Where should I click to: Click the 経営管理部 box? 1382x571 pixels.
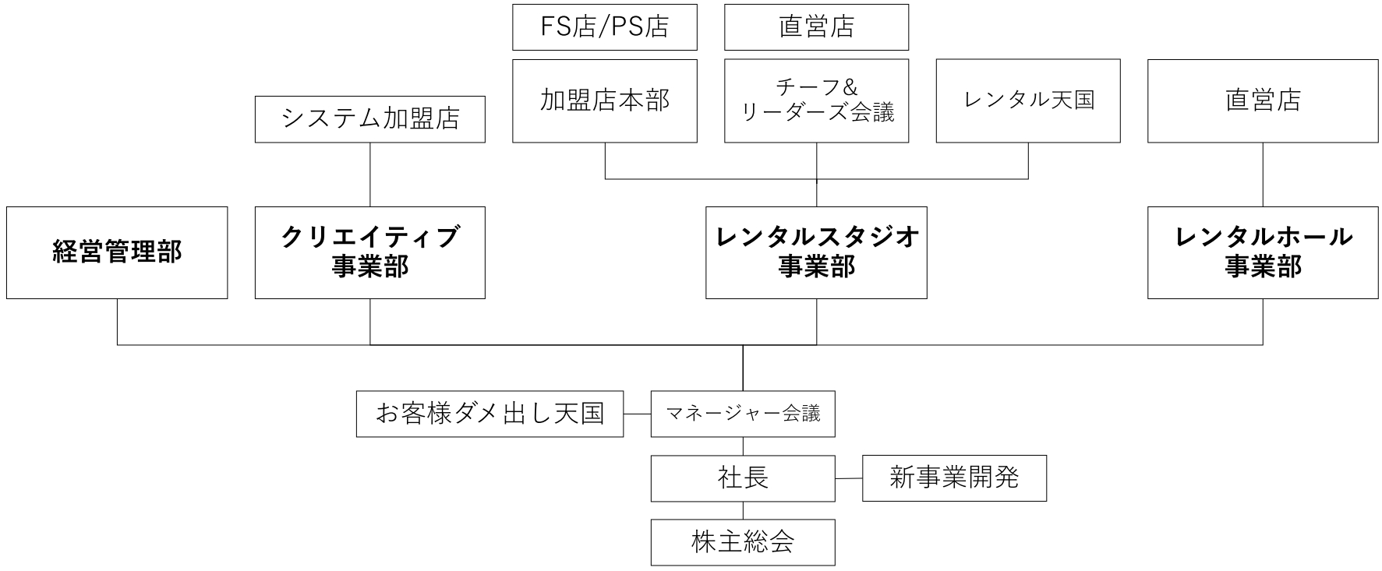tap(117, 252)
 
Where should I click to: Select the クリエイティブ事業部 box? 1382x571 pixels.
tap(369, 252)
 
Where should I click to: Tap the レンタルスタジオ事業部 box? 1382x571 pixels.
tap(816, 252)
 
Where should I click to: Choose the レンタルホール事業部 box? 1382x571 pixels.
tap(1263, 252)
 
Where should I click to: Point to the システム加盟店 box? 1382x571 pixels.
tap(369, 119)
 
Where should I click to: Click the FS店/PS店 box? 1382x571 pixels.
tap(604, 27)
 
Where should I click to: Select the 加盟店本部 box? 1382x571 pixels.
tap(604, 100)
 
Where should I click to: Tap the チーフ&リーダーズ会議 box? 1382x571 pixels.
tap(816, 100)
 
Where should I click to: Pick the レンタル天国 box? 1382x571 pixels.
tap(1028, 100)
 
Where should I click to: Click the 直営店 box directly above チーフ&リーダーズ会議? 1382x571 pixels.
tap(816, 27)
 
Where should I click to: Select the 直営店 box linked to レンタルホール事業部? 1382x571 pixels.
tap(1263, 100)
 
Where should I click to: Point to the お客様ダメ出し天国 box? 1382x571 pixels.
tap(490, 414)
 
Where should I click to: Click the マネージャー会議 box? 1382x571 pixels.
tap(743, 414)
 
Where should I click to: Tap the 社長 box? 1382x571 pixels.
tap(743, 478)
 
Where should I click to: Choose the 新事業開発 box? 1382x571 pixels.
tap(954, 478)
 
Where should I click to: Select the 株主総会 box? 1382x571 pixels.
tap(743, 542)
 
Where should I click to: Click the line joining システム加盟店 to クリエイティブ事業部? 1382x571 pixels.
tap(369, 174)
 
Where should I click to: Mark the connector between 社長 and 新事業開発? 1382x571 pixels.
tap(849, 478)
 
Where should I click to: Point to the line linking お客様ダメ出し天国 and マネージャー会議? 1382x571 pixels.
tap(638, 414)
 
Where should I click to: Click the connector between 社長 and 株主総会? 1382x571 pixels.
tap(743, 510)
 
